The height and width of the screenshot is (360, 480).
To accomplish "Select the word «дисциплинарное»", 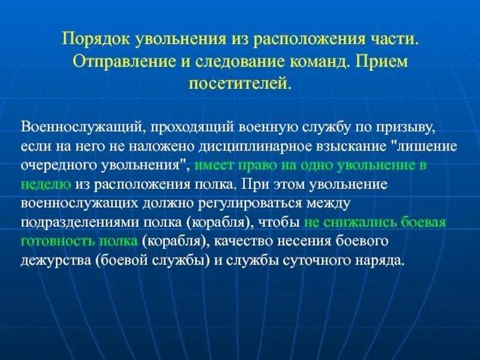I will coord(227,145).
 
